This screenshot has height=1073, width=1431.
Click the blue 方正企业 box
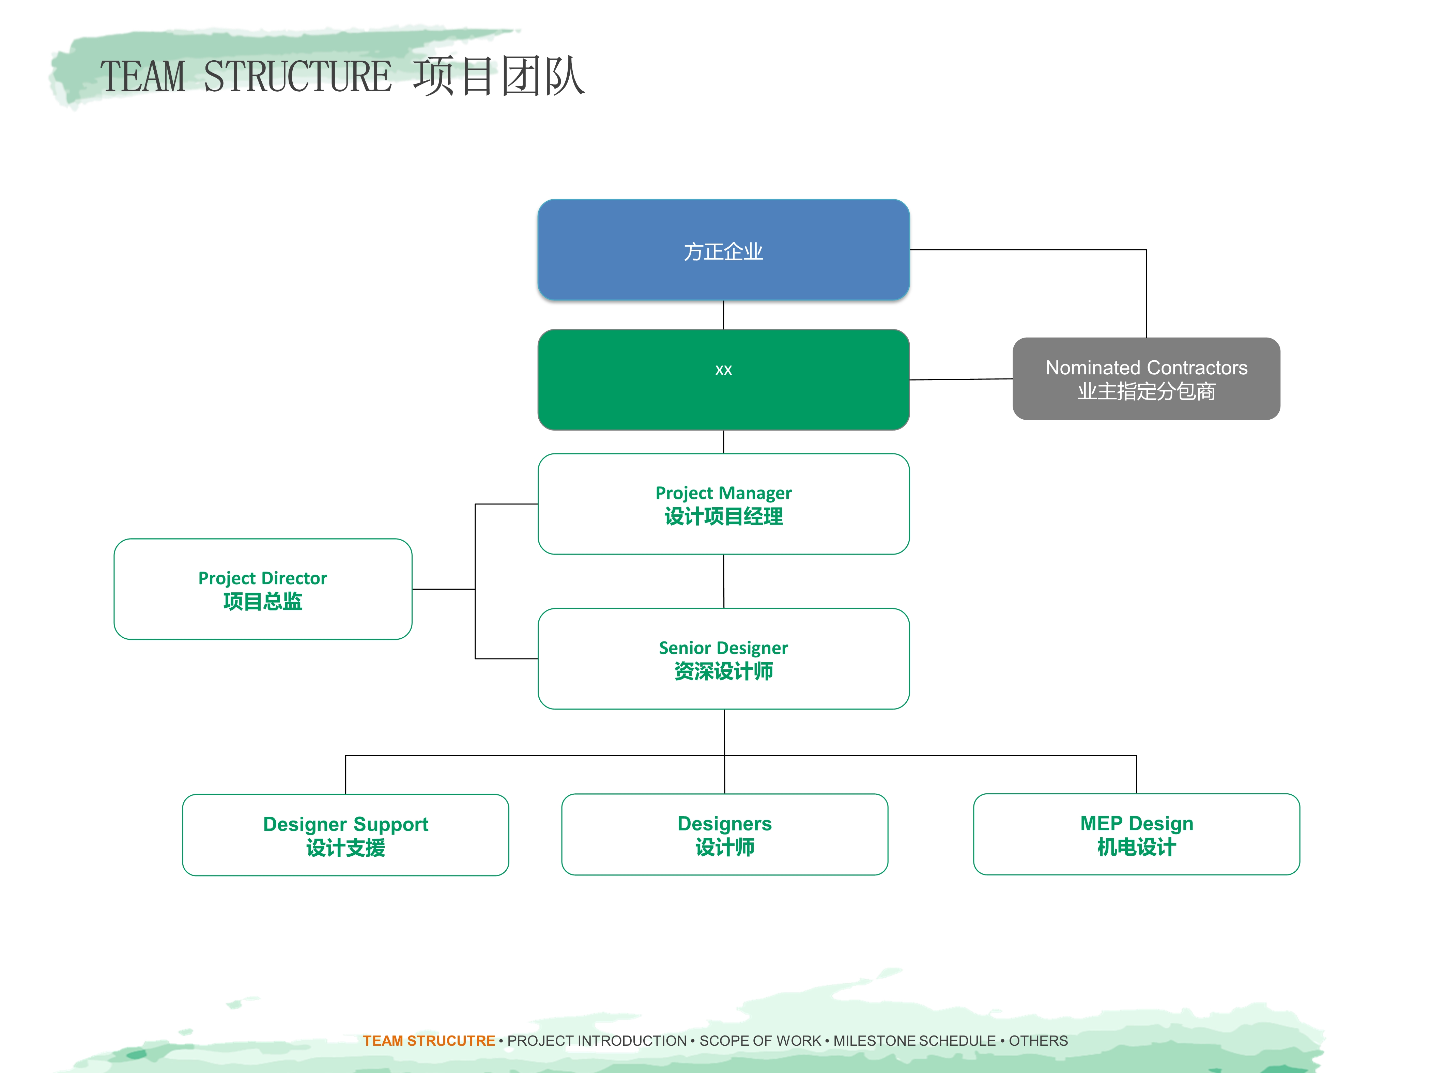click(723, 250)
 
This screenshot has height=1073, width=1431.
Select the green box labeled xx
click(723, 380)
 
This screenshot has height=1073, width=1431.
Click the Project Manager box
click(723, 504)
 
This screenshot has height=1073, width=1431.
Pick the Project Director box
click(263, 589)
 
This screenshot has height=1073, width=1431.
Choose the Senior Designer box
click(723, 658)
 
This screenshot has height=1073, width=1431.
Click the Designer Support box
click(345, 835)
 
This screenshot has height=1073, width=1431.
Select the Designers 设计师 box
click(725, 834)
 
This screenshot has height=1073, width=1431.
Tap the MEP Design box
click(1137, 834)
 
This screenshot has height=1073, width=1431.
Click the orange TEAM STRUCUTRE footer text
click(429, 1041)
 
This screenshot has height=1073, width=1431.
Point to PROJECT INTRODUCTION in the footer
click(597, 1041)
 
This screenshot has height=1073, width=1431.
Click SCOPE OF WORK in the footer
click(760, 1041)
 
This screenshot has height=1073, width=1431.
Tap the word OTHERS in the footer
click(1038, 1041)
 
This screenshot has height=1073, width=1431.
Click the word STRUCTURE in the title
click(297, 76)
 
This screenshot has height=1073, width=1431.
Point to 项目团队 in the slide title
click(499, 76)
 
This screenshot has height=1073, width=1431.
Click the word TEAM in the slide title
click(142, 76)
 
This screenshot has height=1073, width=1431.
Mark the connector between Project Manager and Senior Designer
click(723, 581)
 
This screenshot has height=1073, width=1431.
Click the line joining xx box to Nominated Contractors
click(961, 379)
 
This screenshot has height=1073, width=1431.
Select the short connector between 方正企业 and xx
click(723, 315)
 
